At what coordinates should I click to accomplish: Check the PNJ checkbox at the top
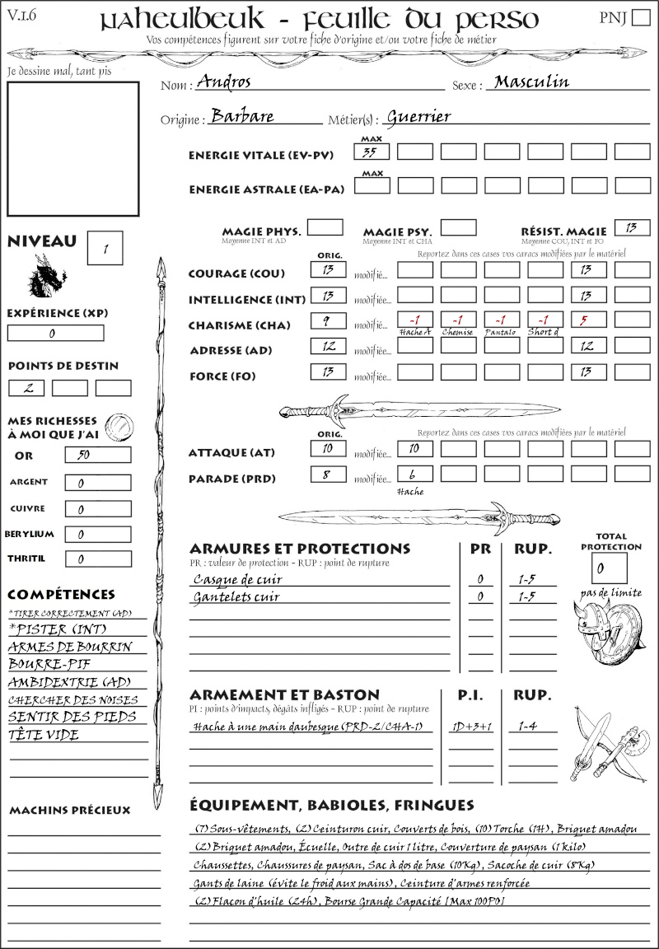[x=640, y=19]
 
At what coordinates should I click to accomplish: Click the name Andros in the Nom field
[x=224, y=82]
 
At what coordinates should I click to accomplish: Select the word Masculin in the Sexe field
[x=531, y=82]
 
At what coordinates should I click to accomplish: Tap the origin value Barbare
[x=242, y=117]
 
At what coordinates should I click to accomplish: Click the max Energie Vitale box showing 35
[x=372, y=152]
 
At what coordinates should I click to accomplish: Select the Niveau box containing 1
[x=106, y=247]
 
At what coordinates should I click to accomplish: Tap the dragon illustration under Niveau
[x=47, y=276]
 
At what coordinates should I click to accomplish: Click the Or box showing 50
[x=97, y=455]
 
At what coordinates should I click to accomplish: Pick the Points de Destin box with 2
[x=26, y=388]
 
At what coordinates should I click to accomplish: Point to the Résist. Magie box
[x=632, y=227]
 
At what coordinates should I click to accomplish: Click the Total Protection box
[x=609, y=568]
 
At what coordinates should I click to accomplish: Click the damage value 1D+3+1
[x=471, y=727]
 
